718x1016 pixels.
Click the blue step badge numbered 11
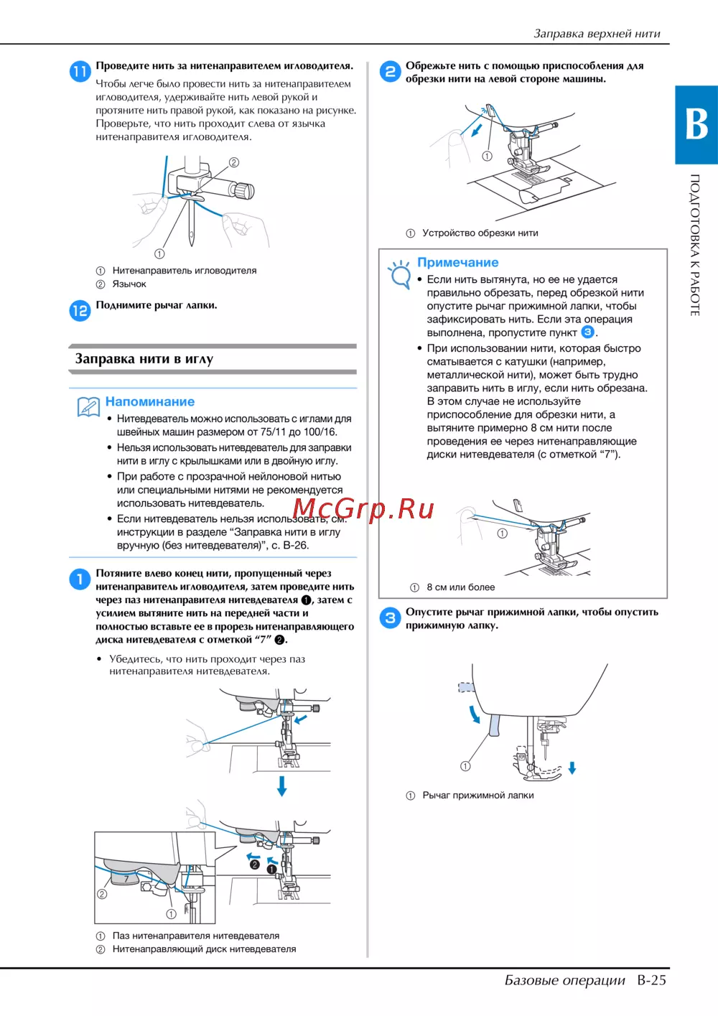coord(80,72)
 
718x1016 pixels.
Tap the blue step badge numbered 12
coord(80,311)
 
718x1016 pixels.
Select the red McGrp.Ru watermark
coord(363,509)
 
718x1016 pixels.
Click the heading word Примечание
coord(457,262)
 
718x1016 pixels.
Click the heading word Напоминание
coord(150,401)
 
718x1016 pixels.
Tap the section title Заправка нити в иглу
coord(144,359)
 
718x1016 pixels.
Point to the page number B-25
coord(651,980)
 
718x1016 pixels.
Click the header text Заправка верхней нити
coord(597,34)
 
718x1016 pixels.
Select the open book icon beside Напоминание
coord(88,406)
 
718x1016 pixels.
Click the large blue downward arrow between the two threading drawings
coord(281,786)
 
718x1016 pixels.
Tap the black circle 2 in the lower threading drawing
coord(255,864)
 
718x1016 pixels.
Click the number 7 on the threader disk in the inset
coord(126,879)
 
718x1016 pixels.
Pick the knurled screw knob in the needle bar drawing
coord(244,190)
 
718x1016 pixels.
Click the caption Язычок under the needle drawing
coord(129,284)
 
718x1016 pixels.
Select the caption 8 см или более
coord(460,587)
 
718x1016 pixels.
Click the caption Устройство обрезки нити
coord(480,233)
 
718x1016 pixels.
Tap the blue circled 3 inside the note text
coord(587,332)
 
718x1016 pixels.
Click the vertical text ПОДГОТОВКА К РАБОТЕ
coord(695,245)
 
